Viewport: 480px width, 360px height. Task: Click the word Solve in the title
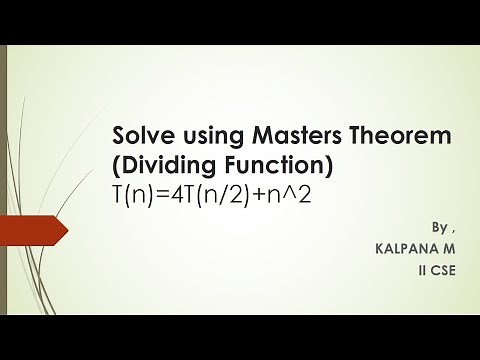pos(141,135)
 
